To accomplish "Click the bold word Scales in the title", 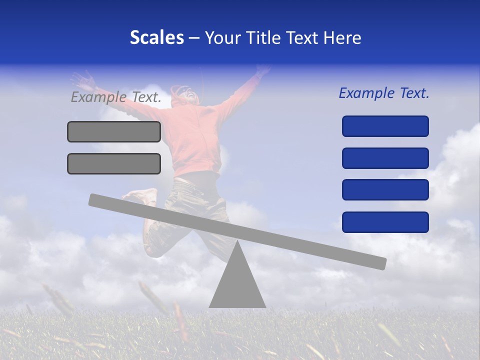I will click(156, 37).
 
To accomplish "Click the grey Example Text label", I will click(116, 97).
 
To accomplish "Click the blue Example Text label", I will click(384, 93).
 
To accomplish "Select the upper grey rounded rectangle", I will click(114, 131).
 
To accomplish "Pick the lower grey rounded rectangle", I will click(114, 163).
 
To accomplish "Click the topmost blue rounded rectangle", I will click(385, 126).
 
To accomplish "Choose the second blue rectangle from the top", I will click(385, 158).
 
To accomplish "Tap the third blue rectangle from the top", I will click(385, 190).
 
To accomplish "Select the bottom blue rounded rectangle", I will click(385, 222).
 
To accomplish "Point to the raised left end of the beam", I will click(95, 199).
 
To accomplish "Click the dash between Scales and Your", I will click(194, 38).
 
